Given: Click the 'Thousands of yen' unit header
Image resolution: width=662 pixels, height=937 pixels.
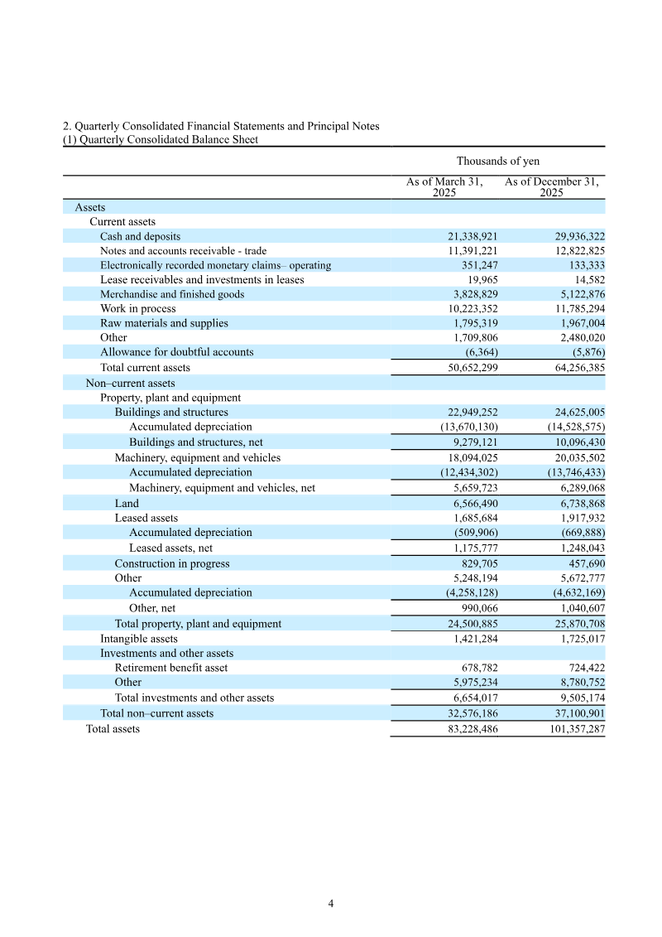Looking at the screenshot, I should tap(497, 161).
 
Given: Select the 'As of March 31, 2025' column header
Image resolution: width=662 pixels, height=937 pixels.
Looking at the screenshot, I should tap(444, 186).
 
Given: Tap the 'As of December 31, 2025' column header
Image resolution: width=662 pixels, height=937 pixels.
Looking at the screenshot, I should tap(551, 186).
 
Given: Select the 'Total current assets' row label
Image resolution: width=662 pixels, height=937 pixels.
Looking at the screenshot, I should tap(145, 367).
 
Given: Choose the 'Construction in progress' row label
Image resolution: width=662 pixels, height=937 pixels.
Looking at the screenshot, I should tap(172, 563).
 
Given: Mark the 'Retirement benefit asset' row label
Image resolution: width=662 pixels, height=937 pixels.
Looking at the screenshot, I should tap(171, 667).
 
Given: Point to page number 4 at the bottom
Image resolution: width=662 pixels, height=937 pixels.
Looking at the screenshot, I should tap(331, 904).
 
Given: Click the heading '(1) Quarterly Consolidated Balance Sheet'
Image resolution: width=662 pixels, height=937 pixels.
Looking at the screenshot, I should tap(161, 140).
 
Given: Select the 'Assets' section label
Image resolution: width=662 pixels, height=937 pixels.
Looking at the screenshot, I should tap(90, 207).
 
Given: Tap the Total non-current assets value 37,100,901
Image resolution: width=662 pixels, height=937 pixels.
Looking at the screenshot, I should tap(571, 713).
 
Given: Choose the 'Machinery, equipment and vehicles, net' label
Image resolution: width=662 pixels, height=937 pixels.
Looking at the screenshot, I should tap(222, 488).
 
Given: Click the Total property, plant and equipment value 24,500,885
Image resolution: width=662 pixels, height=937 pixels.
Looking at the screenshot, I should tap(468, 623).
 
